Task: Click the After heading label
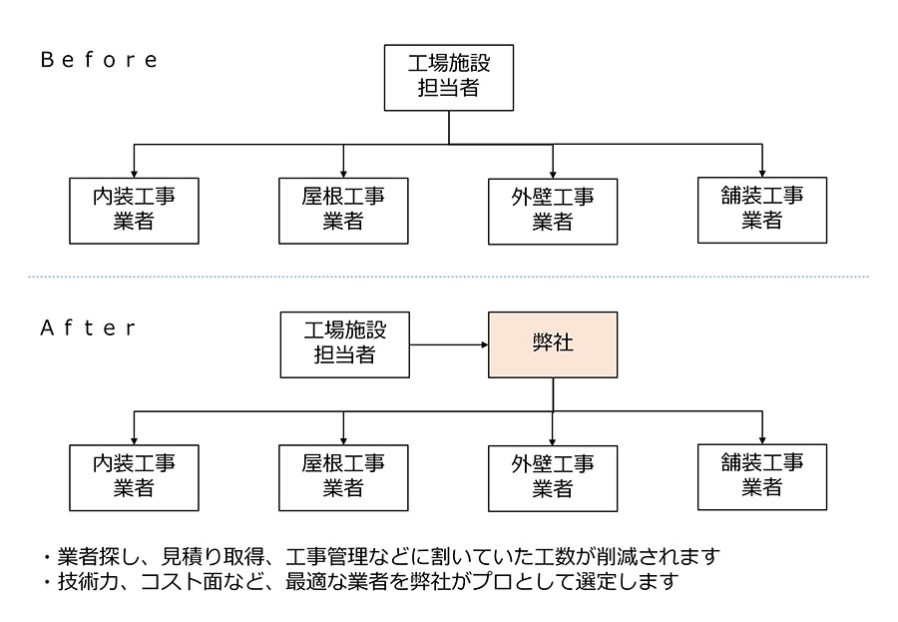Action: tap(89, 327)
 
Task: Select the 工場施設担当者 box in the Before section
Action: tap(449, 76)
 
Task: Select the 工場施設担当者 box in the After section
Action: tap(344, 343)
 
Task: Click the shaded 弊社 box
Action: tap(553, 344)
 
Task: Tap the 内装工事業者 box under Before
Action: tap(134, 211)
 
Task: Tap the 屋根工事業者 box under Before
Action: tap(343, 211)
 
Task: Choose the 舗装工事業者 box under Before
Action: tap(762, 209)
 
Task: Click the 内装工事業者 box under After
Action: tap(134, 477)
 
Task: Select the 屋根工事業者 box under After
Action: tap(343, 477)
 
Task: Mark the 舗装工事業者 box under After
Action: tap(762, 476)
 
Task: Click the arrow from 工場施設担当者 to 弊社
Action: tap(448, 344)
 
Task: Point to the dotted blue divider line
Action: tap(449, 277)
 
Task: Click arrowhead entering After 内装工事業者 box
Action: tap(134, 439)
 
